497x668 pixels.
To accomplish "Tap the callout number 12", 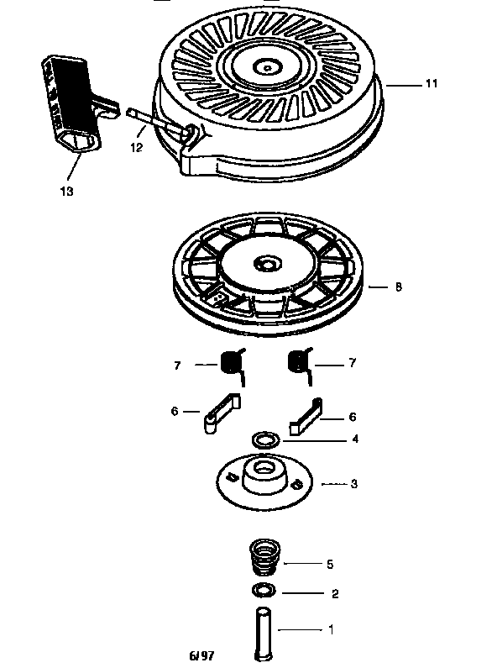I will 136,147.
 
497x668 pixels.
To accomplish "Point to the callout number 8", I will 398,287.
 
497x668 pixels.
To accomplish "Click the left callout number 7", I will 177,364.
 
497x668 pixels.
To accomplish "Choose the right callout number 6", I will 352,416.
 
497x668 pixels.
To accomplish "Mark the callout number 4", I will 356,439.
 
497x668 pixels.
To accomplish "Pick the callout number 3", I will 354,484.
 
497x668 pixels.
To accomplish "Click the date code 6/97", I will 203,653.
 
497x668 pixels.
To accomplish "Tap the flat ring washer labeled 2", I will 264,590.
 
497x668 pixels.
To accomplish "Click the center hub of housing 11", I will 266,64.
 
